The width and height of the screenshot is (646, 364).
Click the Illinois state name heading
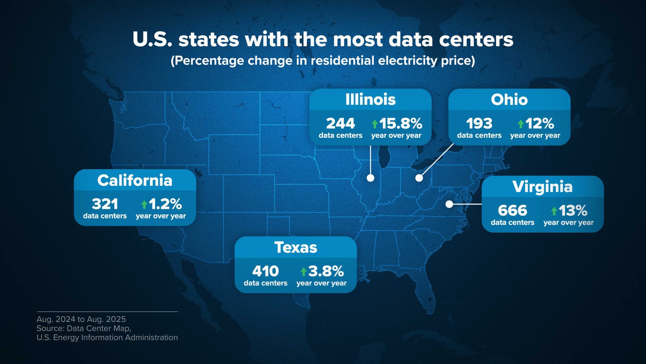[370, 99]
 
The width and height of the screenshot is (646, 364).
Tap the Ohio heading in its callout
[509, 99]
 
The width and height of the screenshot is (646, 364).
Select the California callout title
[134, 180]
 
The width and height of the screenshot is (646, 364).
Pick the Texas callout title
[296, 247]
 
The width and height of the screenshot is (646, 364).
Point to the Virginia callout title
[542, 187]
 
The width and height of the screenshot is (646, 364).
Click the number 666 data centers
[512, 210]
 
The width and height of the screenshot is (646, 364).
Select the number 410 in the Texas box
[265, 271]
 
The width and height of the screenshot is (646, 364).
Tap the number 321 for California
[105, 204]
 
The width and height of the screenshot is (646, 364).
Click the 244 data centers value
[340, 123]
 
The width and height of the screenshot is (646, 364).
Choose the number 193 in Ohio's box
[479, 123]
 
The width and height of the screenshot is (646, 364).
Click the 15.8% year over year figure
[400, 123]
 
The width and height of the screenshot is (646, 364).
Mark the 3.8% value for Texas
[325, 271]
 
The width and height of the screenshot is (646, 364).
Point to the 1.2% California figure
[165, 204]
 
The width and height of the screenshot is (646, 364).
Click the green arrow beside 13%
[554, 211]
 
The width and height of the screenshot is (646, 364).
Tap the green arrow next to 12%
[520, 124]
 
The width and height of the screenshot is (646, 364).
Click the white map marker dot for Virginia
[449, 204]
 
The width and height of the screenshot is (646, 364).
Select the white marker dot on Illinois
[370, 178]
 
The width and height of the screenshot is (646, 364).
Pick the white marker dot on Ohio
[419, 178]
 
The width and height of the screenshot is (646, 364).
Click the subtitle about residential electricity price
[323, 61]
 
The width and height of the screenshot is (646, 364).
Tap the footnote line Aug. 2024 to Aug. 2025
[81, 319]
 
